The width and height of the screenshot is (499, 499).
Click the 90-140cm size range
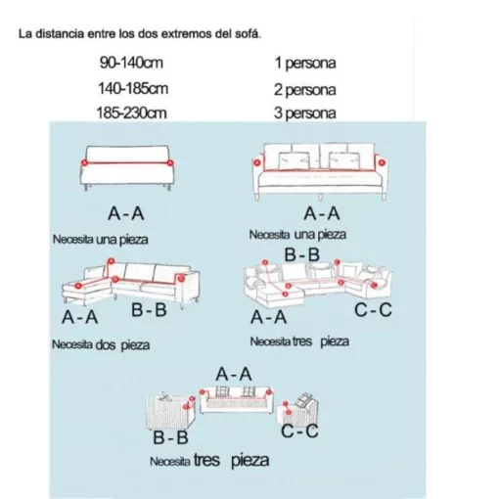pos(131,63)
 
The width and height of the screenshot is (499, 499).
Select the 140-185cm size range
pos(133,88)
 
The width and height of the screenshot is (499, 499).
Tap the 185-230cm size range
pos(131,113)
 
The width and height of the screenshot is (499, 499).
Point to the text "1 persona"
pos(305,63)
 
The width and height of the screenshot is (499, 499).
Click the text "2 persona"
pos(304,90)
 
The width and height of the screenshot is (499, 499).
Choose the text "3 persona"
pos(304,113)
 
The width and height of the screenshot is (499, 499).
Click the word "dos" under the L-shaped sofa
pos(106,344)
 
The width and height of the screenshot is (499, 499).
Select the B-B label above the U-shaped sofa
pos(302,254)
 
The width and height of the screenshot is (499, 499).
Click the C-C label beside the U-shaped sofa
pos(373,310)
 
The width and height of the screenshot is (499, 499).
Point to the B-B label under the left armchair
pos(170,437)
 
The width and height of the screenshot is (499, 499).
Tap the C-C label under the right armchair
pos(299,431)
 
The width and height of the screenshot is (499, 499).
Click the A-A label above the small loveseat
pos(234,374)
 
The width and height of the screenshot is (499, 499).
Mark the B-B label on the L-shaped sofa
pos(149,310)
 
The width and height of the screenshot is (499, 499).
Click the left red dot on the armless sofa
pos(84,162)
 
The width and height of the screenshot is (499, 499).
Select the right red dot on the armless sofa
pos(170,162)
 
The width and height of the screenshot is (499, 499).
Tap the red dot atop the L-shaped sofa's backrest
pos(111,261)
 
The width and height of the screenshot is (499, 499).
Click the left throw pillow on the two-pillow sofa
pos(294,160)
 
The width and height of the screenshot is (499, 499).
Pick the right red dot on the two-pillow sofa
pos(382,162)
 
